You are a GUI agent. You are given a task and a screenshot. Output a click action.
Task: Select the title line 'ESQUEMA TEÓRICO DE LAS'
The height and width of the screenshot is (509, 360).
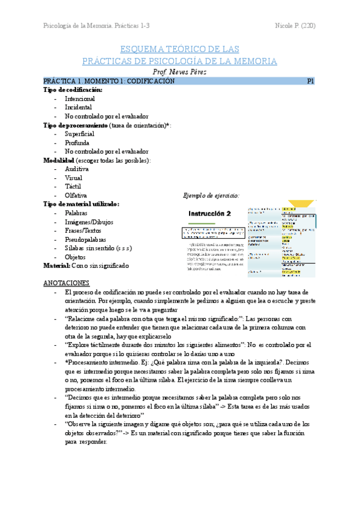tap(180, 49)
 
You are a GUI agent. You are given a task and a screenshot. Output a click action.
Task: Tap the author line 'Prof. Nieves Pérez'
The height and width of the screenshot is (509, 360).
tap(180, 71)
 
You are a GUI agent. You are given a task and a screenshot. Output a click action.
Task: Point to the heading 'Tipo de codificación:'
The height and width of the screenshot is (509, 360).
tap(73, 89)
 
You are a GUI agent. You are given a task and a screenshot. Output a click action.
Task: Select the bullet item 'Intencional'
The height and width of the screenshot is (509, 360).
tap(80, 98)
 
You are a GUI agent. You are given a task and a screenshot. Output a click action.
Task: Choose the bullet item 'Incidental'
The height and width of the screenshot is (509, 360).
tap(78, 107)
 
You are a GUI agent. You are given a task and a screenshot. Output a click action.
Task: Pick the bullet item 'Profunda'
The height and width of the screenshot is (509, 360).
tap(77, 143)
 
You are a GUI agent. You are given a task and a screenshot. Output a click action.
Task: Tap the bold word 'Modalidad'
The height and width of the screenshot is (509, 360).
tap(59, 160)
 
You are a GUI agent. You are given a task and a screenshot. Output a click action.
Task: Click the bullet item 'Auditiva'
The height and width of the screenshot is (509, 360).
tap(76, 169)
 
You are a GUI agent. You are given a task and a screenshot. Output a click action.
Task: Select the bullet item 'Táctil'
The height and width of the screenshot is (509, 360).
tap(73, 187)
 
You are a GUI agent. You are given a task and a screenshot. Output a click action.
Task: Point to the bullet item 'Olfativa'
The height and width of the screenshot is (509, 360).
tap(76, 196)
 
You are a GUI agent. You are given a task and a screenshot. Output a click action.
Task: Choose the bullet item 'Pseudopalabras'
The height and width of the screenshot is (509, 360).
tap(85, 239)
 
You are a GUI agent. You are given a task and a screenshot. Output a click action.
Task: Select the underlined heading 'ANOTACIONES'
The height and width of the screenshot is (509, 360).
tap(67, 283)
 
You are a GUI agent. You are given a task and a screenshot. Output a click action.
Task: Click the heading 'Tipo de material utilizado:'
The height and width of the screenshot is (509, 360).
tap(82, 204)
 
